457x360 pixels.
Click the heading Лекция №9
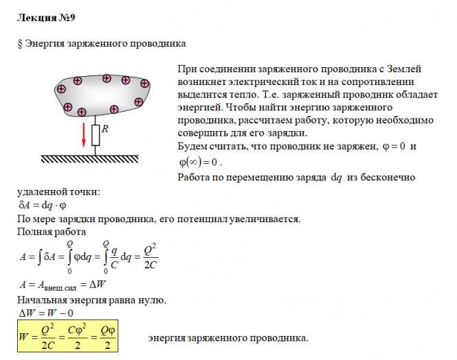(43, 15)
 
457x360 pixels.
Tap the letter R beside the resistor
(104, 129)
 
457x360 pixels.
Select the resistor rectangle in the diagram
(95, 135)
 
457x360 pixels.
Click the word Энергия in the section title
(45, 45)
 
